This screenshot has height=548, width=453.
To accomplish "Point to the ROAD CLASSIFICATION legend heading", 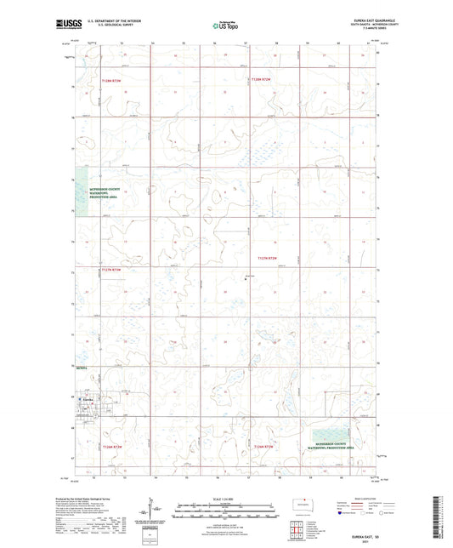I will tap(358, 499).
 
